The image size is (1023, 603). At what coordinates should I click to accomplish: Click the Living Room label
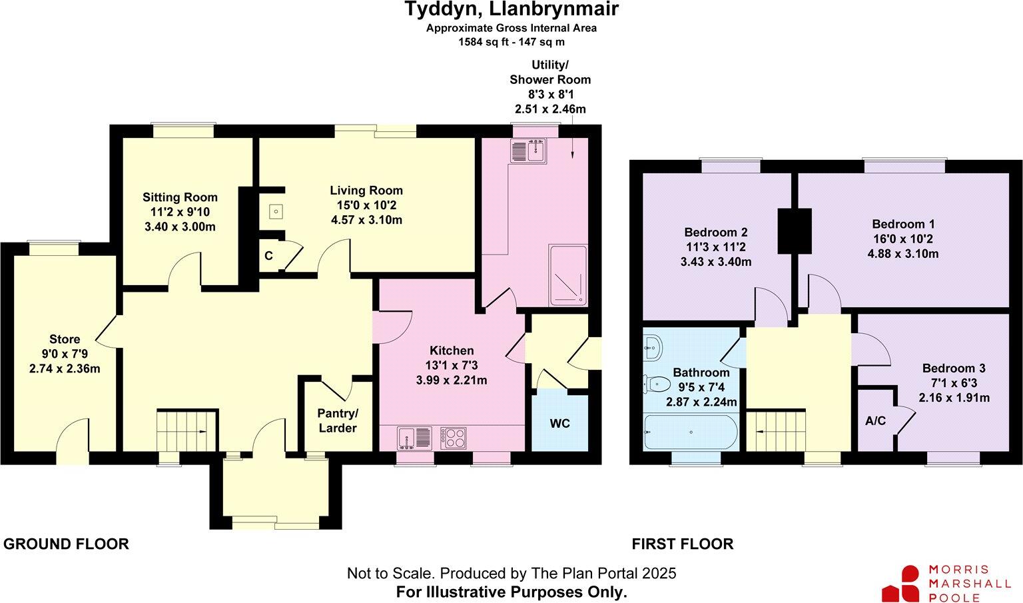pyautogui.click(x=366, y=191)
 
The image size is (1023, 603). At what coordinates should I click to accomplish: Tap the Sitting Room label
pyautogui.click(x=180, y=197)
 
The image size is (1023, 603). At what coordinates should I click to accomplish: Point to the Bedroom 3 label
pyautogui.click(x=954, y=368)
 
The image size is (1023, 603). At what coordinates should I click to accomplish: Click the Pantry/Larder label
pyautogui.click(x=338, y=421)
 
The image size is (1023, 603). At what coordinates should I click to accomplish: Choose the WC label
pyautogui.click(x=560, y=424)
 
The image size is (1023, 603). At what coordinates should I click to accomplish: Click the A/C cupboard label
pyautogui.click(x=875, y=421)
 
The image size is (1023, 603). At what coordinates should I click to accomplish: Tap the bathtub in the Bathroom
pyautogui.click(x=691, y=432)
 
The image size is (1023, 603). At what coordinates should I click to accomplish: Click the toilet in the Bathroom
pyautogui.click(x=657, y=384)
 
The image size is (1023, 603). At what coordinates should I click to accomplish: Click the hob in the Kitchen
pyautogui.click(x=454, y=438)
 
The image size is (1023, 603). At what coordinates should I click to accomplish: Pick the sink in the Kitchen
pyautogui.click(x=415, y=438)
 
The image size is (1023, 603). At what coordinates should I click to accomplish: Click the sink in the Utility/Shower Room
pyautogui.click(x=529, y=151)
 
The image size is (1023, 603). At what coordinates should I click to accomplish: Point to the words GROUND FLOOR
pyautogui.click(x=66, y=544)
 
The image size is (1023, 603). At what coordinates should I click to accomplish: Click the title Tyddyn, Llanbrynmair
pyautogui.click(x=511, y=10)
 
